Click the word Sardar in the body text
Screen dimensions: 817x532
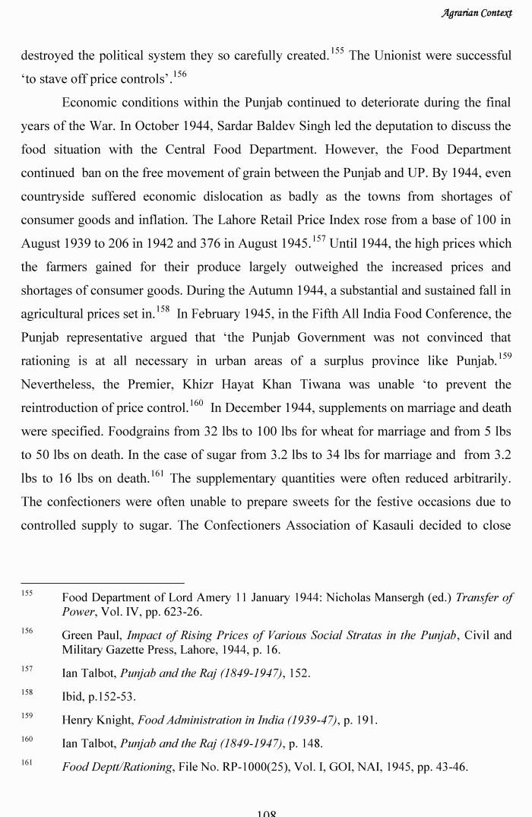point(270,125)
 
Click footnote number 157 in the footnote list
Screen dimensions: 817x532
point(27,669)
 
